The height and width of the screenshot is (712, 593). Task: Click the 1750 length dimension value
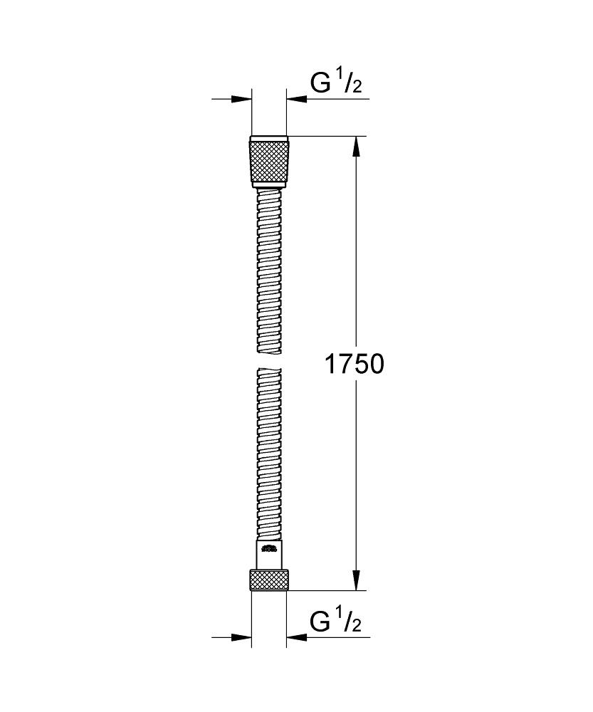tap(355, 365)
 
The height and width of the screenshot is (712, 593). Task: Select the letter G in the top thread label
tap(321, 83)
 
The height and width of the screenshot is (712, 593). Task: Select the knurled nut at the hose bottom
tap(269, 580)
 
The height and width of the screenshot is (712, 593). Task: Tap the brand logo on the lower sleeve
tap(269, 548)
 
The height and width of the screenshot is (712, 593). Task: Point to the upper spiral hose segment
tap(269, 271)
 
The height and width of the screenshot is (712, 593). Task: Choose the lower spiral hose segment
tap(269, 456)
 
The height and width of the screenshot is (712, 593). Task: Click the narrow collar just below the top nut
tap(269, 186)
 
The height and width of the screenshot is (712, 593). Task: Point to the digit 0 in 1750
tap(376, 365)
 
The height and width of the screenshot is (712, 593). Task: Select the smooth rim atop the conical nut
tap(269, 138)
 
